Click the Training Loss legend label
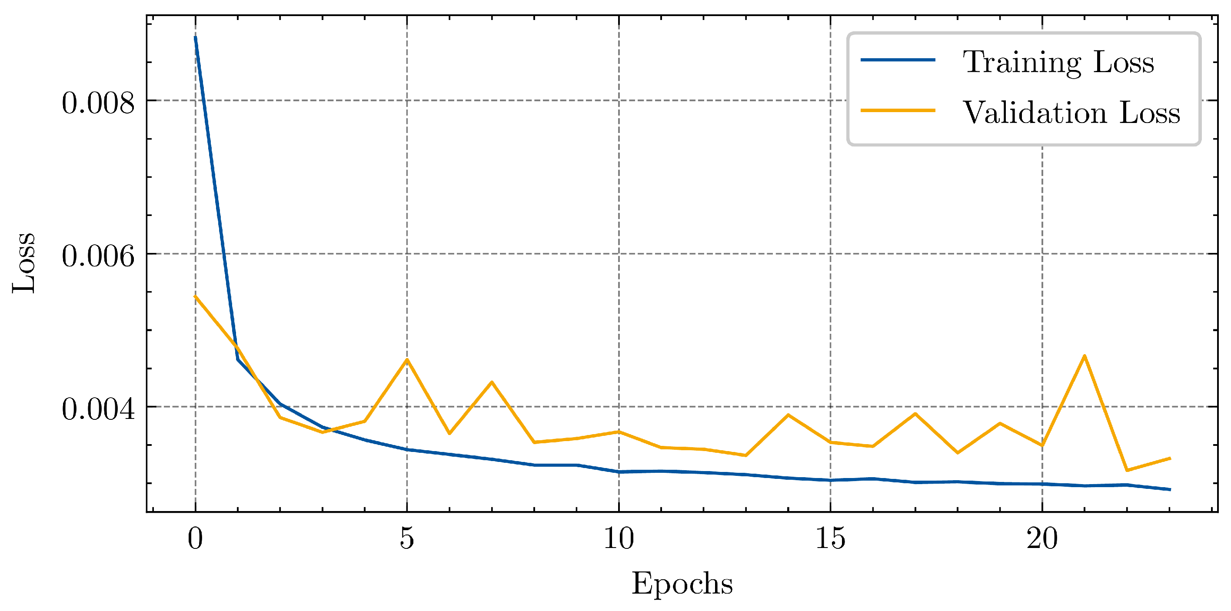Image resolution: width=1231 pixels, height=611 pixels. pyautogui.click(x=1058, y=62)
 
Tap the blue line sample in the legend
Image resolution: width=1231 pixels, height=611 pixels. pyautogui.click(x=898, y=60)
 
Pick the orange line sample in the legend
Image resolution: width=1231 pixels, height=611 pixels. pyautogui.click(x=898, y=110)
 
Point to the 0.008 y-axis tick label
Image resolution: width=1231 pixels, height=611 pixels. pyautogui.click(x=98, y=102)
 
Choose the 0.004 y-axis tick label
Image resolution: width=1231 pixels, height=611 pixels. pyautogui.click(x=98, y=409)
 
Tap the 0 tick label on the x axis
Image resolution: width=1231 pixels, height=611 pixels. pyautogui.click(x=196, y=538)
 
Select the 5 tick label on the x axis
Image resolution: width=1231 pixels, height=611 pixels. pyautogui.click(x=407, y=538)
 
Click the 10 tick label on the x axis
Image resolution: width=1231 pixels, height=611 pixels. pyautogui.click(x=619, y=538)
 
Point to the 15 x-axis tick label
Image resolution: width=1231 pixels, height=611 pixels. pyautogui.click(x=830, y=538)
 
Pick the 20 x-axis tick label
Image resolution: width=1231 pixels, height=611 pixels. pyautogui.click(x=1042, y=538)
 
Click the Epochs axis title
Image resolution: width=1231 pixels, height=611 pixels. pyautogui.click(x=682, y=583)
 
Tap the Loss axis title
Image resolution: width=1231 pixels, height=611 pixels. pyautogui.click(x=24, y=263)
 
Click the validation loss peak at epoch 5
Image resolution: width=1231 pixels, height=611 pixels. pyautogui.click(x=407, y=359)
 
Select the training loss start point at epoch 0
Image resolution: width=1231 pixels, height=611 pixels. pyautogui.click(x=196, y=37)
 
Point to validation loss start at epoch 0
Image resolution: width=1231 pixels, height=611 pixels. pyautogui.click(x=196, y=296)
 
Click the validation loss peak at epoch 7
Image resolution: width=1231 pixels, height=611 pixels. pyautogui.click(x=492, y=382)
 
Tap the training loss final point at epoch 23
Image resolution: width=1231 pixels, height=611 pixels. pyautogui.click(x=1169, y=490)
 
